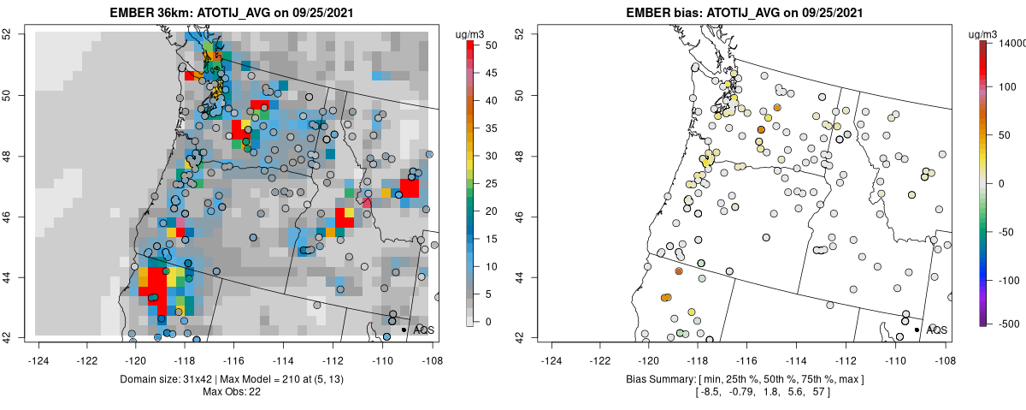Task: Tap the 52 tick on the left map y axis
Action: pyautogui.click(x=18, y=33)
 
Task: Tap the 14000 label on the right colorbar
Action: pyautogui.click(x=1009, y=42)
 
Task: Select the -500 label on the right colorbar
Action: pyautogui.click(x=1008, y=323)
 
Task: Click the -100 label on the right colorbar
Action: pyautogui.click(x=1008, y=280)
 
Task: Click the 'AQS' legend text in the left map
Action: pyautogui.click(x=424, y=330)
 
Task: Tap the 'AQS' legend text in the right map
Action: pyautogui.click(x=936, y=330)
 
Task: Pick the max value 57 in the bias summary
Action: pyautogui.click(x=817, y=391)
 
